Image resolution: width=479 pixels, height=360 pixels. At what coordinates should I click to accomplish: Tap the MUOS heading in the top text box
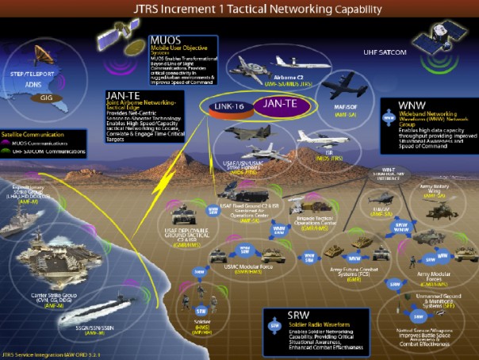[167, 39]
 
